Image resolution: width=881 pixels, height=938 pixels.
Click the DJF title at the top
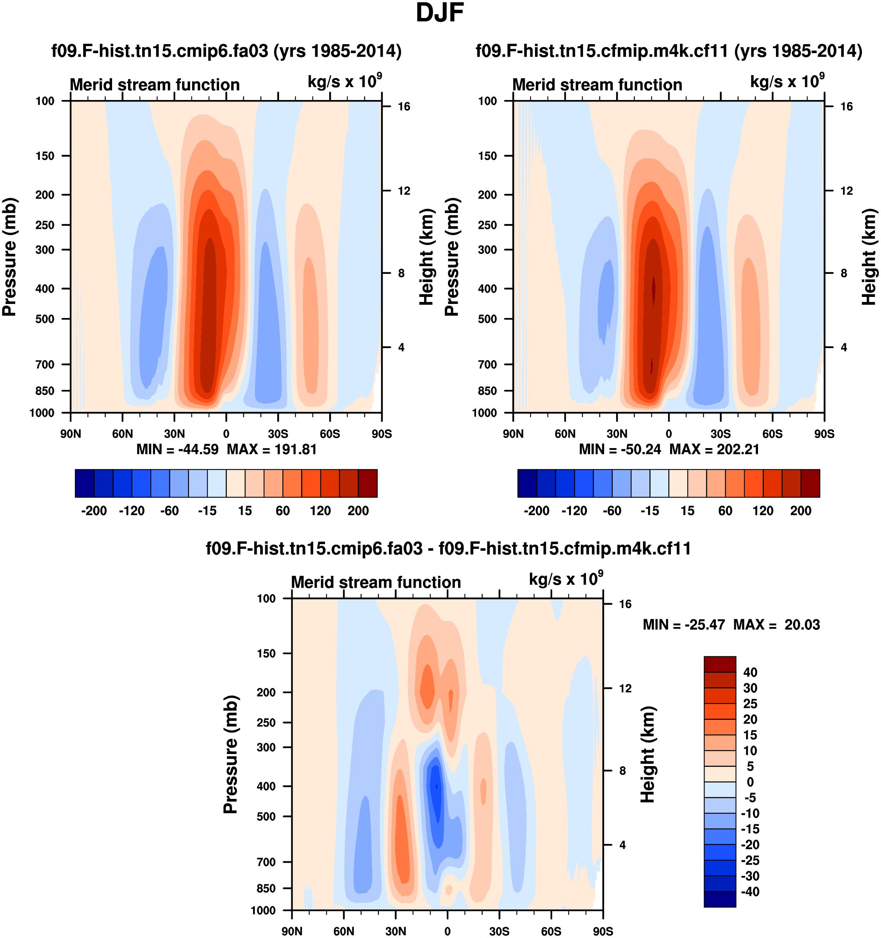440,13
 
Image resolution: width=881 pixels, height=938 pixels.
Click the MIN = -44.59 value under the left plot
177,449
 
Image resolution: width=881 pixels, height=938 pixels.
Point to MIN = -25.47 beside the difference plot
683,625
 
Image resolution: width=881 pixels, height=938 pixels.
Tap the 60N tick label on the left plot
123,434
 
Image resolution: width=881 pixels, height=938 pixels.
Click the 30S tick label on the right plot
720,434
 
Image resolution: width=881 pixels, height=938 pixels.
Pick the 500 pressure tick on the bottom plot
266,816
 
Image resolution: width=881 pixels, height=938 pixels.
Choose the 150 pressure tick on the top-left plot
45,156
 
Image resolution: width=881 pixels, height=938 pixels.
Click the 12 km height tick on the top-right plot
847,191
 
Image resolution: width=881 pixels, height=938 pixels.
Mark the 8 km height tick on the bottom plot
622,771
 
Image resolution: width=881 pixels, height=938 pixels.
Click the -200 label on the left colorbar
94,511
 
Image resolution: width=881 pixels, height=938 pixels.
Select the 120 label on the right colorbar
763,511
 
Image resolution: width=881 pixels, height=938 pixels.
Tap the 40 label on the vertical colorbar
750,672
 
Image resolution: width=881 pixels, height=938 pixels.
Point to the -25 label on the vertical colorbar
750,860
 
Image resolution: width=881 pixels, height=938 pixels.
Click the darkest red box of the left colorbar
368,483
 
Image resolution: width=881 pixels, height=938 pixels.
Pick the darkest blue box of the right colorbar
527,483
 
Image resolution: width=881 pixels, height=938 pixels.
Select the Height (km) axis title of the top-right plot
869,257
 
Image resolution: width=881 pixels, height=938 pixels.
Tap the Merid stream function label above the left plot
155,85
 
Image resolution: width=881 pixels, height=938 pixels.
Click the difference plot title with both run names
448,549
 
